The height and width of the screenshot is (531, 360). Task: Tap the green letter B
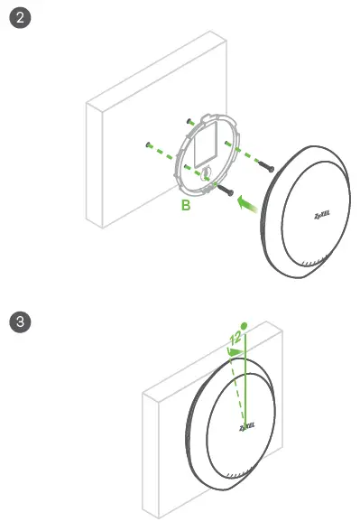pos(186,207)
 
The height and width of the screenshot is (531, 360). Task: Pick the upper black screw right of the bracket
pos(265,166)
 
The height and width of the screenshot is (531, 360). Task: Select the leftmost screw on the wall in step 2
pos(145,143)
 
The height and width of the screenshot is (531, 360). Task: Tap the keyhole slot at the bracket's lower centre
pos(206,170)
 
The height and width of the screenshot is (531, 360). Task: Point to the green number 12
pos(235,340)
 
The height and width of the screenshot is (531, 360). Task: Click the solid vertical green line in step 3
pos(244,379)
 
